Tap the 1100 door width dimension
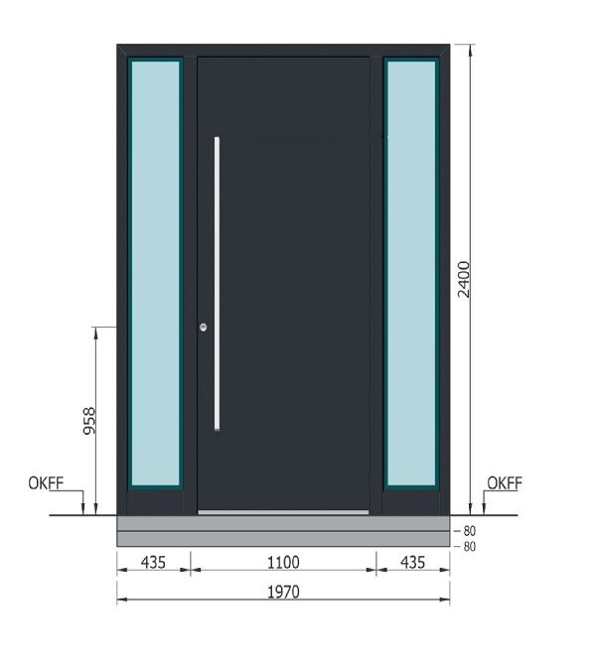click(x=283, y=563)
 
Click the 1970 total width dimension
click(x=283, y=593)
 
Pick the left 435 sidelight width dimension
click(x=153, y=563)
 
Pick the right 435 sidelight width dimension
click(x=412, y=563)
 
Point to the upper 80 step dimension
click(x=470, y=531)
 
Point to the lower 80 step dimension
click(x=470, y=546)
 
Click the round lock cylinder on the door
click(x=204, y=328)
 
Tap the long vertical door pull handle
click(x=217, y=283)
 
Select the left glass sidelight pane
click(x=155, y=273)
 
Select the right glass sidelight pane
click(x=411, y=273)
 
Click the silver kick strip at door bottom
click(x=283, y=512)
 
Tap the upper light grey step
click(x=283, y=523)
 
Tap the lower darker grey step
click(x=283, y=539)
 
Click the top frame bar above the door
click(x=283, y=50)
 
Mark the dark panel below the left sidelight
click(x=155, y=501)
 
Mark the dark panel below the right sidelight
click(x=411, y=501)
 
